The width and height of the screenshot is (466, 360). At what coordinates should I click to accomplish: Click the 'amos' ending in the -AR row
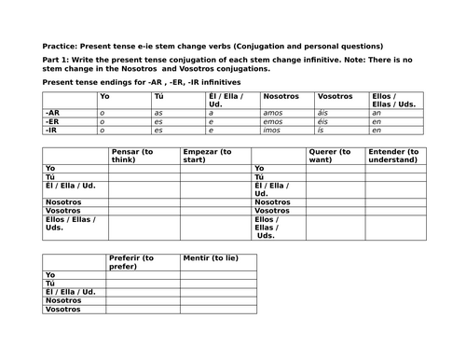click(271, 111)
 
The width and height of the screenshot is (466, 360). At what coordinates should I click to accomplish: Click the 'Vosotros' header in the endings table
click(336, 96)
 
